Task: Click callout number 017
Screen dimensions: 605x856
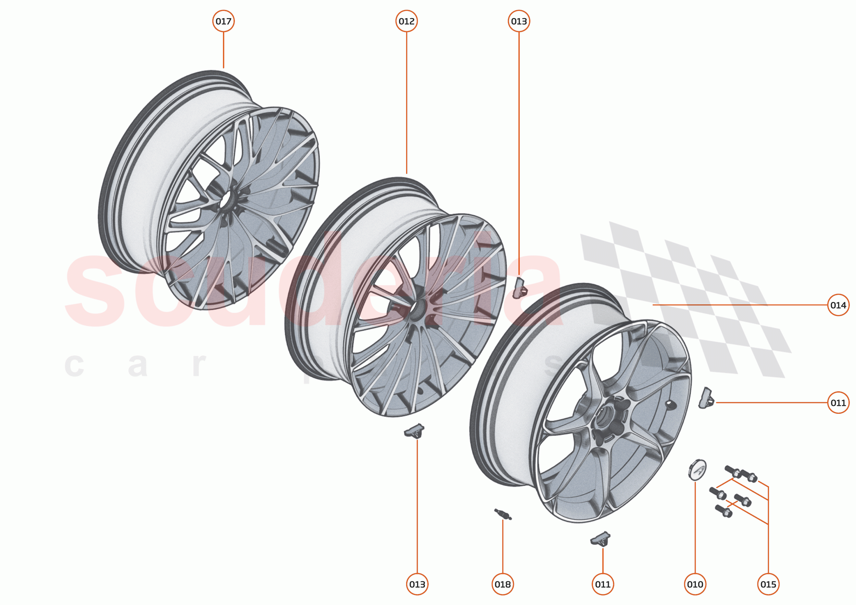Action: pyautogui.click(x=224, y=21)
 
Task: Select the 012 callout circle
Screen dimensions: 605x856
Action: pyautogui.click(x=406, y=21)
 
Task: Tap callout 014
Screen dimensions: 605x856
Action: pyautogui.click(x=838, y=305)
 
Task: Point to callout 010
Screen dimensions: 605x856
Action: pyautogui.click(x=695, y=584)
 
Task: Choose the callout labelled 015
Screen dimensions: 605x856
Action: pyautogui.click(x=768, y=584)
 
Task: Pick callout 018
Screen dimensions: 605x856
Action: pyautogui.click(x=502, y=584)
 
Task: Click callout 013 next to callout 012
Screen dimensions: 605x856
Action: pyautogui.click(x=519, y=21)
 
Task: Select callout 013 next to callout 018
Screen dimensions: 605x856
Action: pyautogui.click(x=417, y=584)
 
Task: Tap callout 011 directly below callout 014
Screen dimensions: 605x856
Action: pyautogui.click(x=838, y=403)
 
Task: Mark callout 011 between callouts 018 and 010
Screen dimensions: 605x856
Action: pyautogui.click(x=603, y=584)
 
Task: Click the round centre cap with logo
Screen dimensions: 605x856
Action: pyautogui.click(x=697, y=470)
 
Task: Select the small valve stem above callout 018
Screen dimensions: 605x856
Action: pyautogui.click(x=503, y=514)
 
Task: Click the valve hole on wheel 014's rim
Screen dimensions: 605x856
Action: pyautogui.click(x=670, y=404)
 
